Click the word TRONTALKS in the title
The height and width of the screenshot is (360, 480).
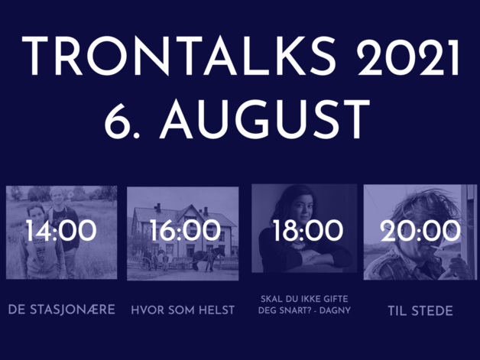click(179, 56)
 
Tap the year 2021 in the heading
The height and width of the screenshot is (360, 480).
click(408, 56)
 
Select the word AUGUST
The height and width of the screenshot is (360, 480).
click(264, 119)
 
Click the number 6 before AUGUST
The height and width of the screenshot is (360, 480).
click(116, 119)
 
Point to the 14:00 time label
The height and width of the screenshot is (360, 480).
click(61, 231)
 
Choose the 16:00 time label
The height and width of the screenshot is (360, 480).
click(185, 231)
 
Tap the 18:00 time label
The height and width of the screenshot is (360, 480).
click(308, 231)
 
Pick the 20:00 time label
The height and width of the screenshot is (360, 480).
click(420, 231)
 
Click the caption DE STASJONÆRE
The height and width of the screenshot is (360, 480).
click(62, 310)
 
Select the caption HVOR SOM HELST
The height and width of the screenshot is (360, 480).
click(183, 310)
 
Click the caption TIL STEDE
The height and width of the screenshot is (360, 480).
click(420, 311)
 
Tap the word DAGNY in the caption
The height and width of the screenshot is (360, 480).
click(335, 310)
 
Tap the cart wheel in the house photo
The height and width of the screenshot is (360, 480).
click(144, 263)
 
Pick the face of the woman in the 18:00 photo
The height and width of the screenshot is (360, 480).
click(300, 211)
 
